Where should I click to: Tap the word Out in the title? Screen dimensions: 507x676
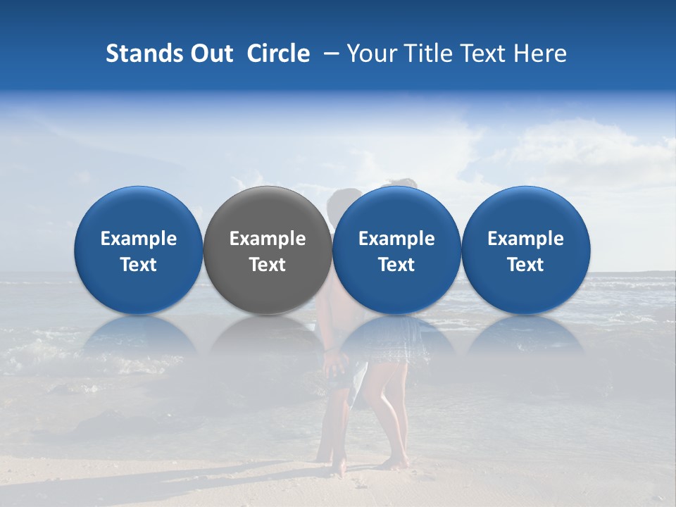[209, 54]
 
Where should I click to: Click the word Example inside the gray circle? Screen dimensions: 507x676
[268, 239]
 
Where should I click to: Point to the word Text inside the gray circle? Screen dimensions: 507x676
[268, 265]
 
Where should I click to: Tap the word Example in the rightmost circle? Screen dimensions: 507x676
[526, 239]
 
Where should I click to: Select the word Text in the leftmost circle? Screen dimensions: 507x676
[138, 265]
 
